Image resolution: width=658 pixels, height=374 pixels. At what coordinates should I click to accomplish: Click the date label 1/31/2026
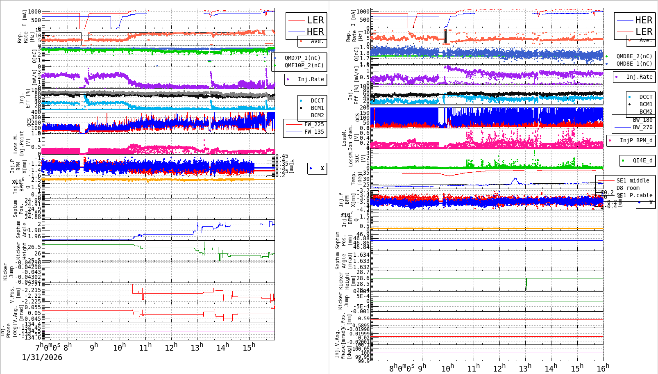pyautogui.click(x=42, y=358)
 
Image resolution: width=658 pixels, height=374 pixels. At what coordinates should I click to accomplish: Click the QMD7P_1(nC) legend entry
pyautogui.click(x=302, y=58)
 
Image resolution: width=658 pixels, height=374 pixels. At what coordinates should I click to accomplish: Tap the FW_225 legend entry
pyautogui.click(x=313, y=124)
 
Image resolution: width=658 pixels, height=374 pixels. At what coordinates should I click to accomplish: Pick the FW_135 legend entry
pyautogui.click(x=313, y=132)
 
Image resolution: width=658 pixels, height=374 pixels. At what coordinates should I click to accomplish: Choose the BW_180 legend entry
pyautogui.click(x=642, y=120)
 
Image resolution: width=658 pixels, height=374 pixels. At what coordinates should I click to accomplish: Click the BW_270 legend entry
pyautogui.click(x=642, y=127)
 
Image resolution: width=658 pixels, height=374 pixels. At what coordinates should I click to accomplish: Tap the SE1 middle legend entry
pyautogui.click(x=633, y=180)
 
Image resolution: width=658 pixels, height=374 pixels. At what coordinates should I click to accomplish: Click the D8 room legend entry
pyautogui.click(x=627, y=188)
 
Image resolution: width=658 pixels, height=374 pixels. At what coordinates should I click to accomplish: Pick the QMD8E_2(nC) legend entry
pyautogui.click(x=634, y=56)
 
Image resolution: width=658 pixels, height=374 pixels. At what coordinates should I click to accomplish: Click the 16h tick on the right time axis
pyautogui.click(x=603, y=368)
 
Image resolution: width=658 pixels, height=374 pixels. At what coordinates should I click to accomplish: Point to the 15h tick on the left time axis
pyautogui.click(x=249, y=347)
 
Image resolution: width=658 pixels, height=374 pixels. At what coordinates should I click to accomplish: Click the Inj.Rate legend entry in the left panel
pyautogui.click(x=311, y=79)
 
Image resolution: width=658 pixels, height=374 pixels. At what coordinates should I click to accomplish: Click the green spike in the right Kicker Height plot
pyautogui.click(x=526, y=281)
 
